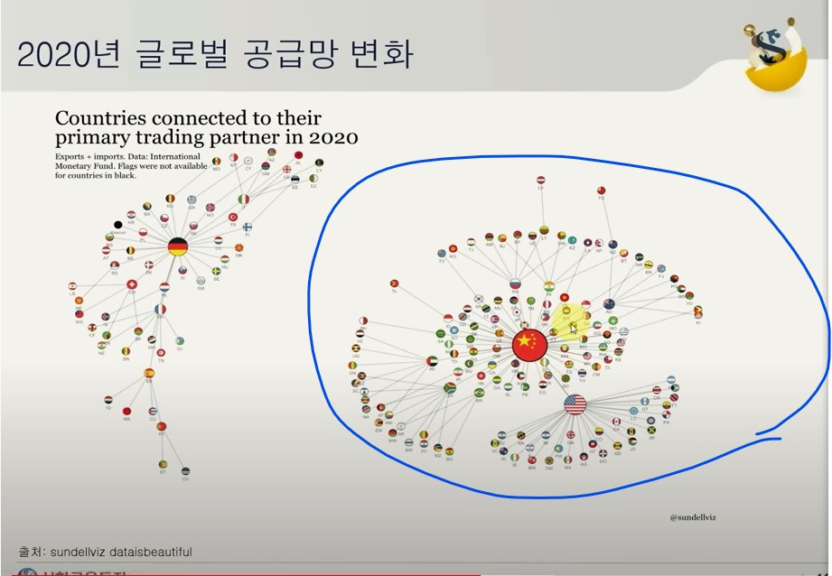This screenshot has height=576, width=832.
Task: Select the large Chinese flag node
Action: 529,343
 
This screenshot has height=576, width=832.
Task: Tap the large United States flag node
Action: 575,404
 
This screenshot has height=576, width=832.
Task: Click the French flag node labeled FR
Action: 160,310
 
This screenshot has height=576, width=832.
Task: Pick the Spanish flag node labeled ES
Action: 149,373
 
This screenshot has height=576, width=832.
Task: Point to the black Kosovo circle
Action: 117,225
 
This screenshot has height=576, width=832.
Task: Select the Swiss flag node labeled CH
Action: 132,284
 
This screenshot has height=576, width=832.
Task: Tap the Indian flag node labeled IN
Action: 548,286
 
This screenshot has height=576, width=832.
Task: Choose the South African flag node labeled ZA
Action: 449,388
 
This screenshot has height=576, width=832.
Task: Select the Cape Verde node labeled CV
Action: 185,470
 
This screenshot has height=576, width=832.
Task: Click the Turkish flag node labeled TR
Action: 232,218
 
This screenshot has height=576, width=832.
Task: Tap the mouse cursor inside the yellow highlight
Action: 573,328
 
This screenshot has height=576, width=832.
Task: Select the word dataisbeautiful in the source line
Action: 150,552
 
